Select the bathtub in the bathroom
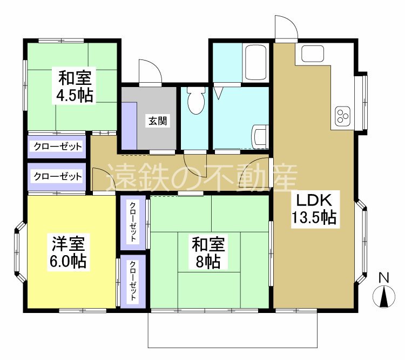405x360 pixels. (x=255, y=62)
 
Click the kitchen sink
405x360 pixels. (x=311, y=54)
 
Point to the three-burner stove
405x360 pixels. (x=342, y=115)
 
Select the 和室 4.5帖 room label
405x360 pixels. (x=75, y=86)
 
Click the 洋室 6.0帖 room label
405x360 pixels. (x=69, y=252)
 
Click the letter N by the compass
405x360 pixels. (x=384, y=278)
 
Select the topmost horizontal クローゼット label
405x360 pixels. (x=57, y=146)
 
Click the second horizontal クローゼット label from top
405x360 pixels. (x=57, y=176)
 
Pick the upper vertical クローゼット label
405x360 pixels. (x=133, y=222)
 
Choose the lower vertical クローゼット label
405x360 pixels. (x=133, y=281)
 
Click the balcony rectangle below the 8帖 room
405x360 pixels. (x=232, y=330)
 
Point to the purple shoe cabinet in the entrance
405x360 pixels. (x=129, y=125)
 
